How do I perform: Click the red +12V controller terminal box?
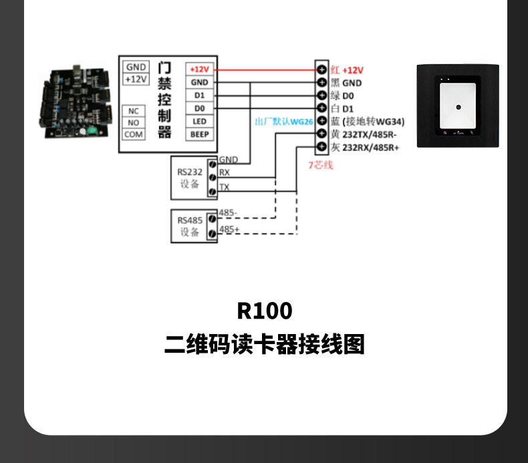pos(199,69)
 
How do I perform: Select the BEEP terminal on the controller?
pos(199,134)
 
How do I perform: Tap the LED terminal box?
pos(199,122)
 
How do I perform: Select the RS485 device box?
pos(190,226)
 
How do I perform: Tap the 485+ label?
pos(229,229)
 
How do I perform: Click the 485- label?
pos(229,213)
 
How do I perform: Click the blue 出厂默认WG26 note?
pos(284,122)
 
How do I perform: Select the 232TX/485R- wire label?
pos(364,134)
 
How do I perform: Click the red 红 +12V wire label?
pos(347,69)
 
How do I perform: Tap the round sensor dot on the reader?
pos(458,107)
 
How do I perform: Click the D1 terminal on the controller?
pos(199,96)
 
